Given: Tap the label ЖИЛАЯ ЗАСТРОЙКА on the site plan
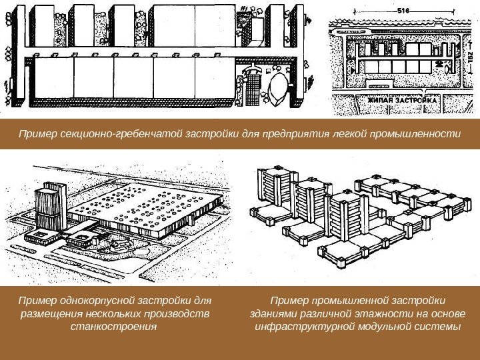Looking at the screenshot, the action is (x=403, y=100).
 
